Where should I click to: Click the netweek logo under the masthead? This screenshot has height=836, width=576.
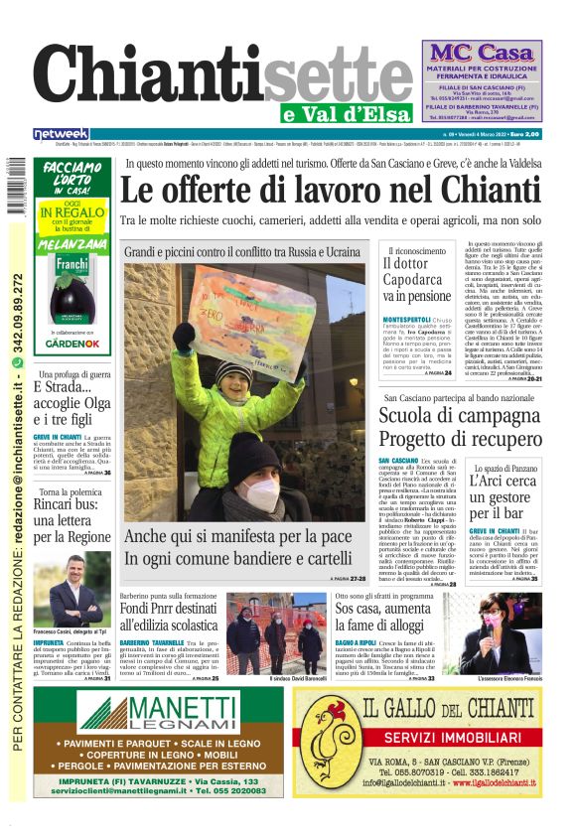(61, 133)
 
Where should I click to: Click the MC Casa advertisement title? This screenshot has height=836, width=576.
(483, 52)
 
